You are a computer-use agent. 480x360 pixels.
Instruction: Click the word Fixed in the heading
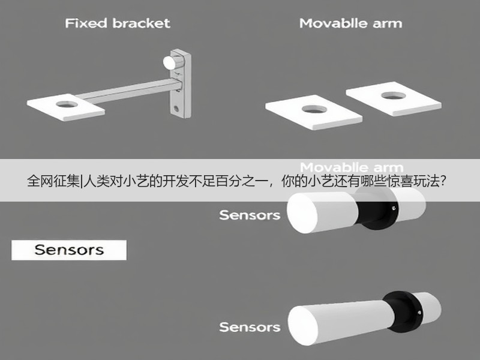[86, 23]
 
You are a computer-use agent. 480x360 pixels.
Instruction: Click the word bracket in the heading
[142, 23]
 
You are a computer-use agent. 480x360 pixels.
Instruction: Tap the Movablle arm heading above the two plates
[351, 23]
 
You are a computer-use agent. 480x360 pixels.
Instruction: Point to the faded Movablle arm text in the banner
[352, 167]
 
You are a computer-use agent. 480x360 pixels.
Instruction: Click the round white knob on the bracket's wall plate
[170, 62]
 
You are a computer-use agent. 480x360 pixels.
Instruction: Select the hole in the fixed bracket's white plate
[67, 104]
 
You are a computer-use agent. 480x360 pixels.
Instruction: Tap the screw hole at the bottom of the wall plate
[176, 108]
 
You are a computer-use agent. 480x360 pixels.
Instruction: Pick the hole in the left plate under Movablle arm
[314, 109]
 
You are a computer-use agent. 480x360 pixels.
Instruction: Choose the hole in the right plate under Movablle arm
[394, 95]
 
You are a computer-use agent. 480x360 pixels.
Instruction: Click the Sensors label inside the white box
[69, 250]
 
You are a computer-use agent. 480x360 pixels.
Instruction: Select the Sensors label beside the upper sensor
[250, 215]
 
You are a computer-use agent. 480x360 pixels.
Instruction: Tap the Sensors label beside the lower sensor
[250, 327]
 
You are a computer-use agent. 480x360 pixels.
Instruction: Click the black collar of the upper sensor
[378, 208]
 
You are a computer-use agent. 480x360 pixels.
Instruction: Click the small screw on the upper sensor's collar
[394, 208]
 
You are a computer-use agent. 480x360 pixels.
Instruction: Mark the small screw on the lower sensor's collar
[419, 313]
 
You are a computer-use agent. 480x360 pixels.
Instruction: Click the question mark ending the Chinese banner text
[442, 181]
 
